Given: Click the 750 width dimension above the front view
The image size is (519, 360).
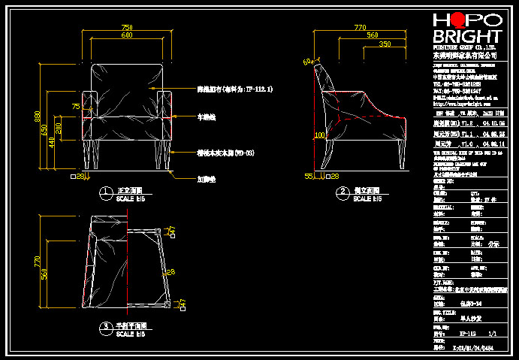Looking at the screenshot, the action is pos(125,28).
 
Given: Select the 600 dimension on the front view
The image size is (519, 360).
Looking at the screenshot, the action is pos(125,35).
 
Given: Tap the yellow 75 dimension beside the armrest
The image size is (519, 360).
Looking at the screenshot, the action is pos(75,107).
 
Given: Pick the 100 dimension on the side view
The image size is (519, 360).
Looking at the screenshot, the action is pos(318,135).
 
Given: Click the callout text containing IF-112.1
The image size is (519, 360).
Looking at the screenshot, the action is pos(234,89).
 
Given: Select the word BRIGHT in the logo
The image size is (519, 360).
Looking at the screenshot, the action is pos(467,38).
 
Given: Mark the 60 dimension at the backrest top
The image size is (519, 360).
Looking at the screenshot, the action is pos(306,61).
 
